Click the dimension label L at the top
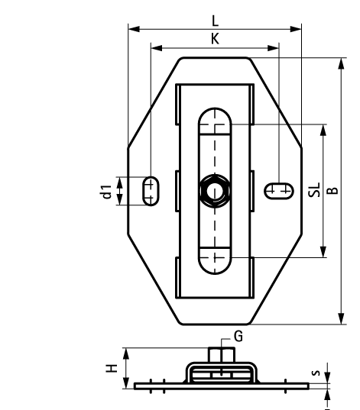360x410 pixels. [x=215, y=21]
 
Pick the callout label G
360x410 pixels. [x=238, y=336]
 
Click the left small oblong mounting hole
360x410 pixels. [x=151, y=190]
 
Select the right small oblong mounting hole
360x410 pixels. [x=279, y=190]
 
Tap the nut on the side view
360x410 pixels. [x=220, y=357]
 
